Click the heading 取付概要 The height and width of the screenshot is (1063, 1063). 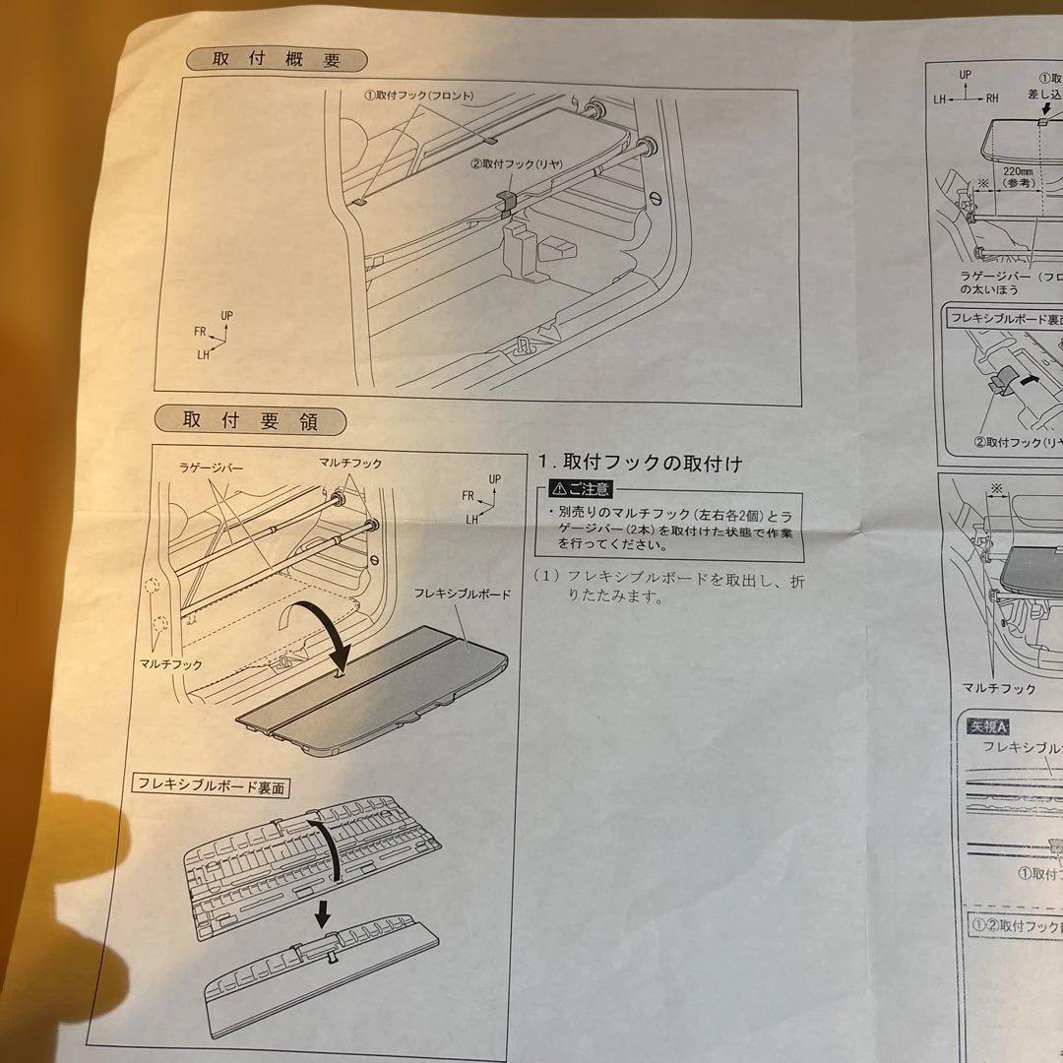click(x=277, y=60)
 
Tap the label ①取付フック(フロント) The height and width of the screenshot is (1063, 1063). click(x=418, y=95)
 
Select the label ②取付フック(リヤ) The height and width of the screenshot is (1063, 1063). click(x=515, y=166)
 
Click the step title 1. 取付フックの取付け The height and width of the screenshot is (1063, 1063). click(x=640, y=463)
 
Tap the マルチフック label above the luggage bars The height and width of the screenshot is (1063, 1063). click(x=350, y=463)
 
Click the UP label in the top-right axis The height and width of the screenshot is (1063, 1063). click(x=966, y=75)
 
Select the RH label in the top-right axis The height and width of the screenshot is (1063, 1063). click(x=991, y=97)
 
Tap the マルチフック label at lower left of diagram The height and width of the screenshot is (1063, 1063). click(x=171, y=664)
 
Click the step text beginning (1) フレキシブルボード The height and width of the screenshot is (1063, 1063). click(x=674, y=587)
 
